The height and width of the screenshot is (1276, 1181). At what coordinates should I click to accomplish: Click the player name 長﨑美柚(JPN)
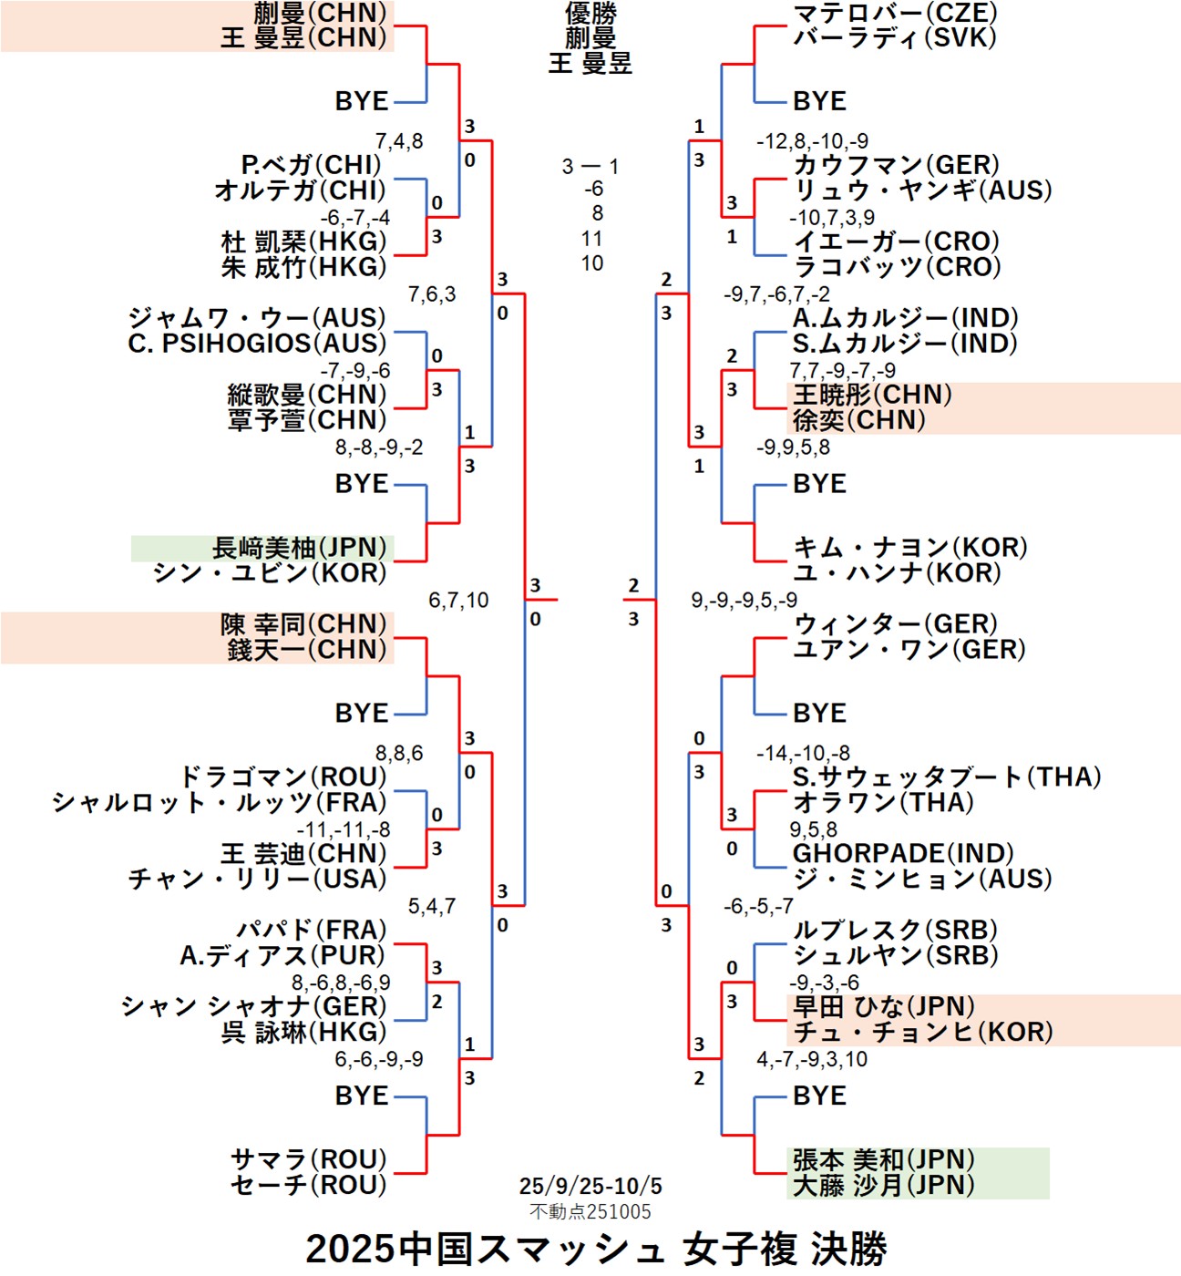click(302, 548)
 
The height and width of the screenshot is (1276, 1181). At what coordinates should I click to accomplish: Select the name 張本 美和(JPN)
click(883, 1160)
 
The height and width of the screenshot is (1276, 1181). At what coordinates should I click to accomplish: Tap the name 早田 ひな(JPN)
click(883, 1007)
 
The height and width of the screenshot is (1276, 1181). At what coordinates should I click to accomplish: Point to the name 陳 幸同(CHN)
click(303, 624)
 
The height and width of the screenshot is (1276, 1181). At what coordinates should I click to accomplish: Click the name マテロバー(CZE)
click(895, 13)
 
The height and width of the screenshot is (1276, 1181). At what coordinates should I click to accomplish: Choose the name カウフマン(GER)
click(896, 165)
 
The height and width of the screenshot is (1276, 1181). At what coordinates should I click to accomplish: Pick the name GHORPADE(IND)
click(903, 854)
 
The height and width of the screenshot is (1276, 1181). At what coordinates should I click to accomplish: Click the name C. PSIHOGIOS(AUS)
click(257, 344)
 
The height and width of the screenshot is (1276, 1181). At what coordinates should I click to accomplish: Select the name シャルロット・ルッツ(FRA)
click(220, 803)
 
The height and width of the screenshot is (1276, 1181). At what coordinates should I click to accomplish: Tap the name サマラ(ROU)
click(309, 1160)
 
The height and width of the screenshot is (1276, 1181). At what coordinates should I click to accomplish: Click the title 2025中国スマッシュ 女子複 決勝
click(596, 1249)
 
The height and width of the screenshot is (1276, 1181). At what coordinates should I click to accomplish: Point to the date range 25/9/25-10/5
click(590, 1186)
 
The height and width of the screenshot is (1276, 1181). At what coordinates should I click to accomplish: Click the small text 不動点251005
click(590, 1211)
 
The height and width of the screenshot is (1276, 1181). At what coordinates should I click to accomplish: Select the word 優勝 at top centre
click(590, 13)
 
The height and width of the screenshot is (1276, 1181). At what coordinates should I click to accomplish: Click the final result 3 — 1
click(590, 167)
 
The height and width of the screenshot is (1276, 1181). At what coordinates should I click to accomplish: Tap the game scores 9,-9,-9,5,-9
click(744, 601)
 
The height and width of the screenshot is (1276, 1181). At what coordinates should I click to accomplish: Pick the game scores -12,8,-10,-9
click(812, 141)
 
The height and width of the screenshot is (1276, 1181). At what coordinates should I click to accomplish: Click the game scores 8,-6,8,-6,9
click(341, 983)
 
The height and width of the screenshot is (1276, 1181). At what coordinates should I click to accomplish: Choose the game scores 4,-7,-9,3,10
click(811, 1059)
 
